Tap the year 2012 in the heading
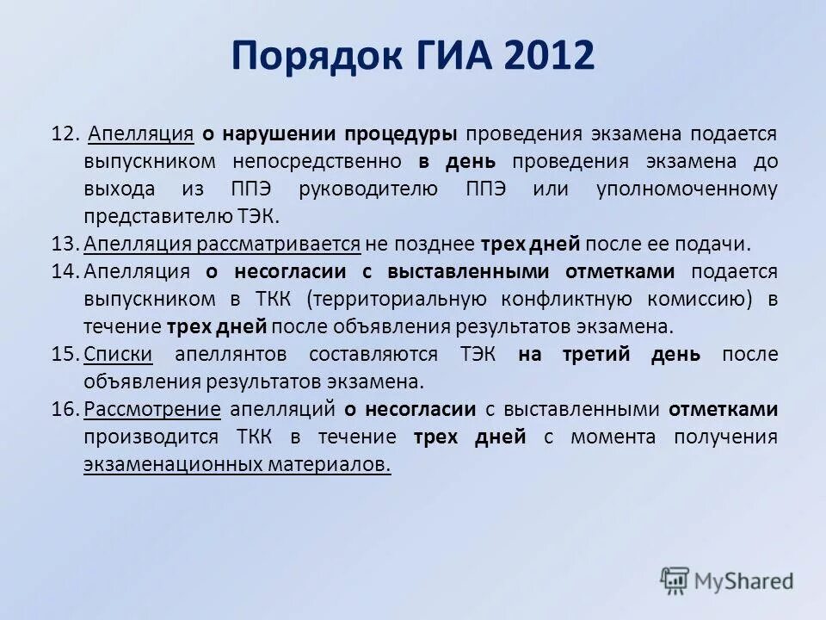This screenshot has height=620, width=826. [x=550, y=57]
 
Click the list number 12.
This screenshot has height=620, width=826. [x=65, y=134]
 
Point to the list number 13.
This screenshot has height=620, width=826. [x=65, y=244]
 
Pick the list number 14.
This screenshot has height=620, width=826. [x=65, y=271]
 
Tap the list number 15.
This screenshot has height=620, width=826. [x=65, y=354]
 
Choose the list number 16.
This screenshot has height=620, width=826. [x=65, y=409]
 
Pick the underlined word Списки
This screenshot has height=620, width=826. [x=119, y=354]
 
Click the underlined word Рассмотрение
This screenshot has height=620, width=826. [x=152, y=409]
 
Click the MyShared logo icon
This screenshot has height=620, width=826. [x=675, y=580]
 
